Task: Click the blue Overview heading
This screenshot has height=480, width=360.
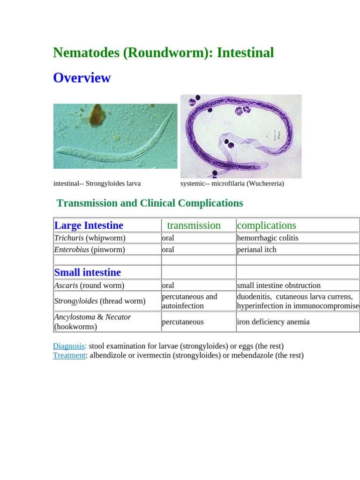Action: pos(82,78)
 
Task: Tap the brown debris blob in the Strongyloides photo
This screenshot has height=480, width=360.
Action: pos(97,114)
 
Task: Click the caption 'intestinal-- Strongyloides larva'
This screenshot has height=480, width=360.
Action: pos(97,184)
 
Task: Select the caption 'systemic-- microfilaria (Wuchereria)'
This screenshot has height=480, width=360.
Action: pos(232,184)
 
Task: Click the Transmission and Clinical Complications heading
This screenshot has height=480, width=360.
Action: pos(150,203)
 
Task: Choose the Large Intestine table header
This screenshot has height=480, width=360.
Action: pos(89,225)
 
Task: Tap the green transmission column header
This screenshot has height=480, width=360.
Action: pos(194,225)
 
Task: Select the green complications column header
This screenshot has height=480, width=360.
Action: pos(266,225)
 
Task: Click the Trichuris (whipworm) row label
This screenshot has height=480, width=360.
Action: pos(90,238)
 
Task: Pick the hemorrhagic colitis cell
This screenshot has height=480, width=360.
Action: pos(267,238)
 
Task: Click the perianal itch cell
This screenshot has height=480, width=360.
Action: pos(256,250)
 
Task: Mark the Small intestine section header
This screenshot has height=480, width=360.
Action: pos(88,272)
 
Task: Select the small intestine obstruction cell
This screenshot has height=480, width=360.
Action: pos(278,285)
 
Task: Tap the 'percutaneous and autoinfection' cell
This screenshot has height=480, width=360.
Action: pos(189,301)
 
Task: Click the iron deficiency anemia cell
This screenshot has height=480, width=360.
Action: pos(273,322)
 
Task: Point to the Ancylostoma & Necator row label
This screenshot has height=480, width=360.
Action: pos(92,322)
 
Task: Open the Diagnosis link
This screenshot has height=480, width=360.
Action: pos(69,346)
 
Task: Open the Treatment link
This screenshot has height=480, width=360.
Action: pos(69,356)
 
